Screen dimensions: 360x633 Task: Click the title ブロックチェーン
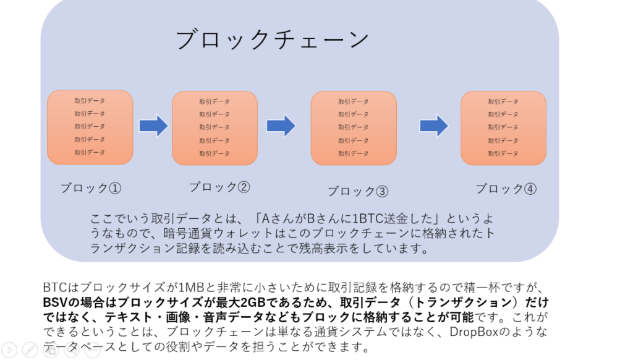tap(272, 40)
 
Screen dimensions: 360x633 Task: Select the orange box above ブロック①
tap(90, 127)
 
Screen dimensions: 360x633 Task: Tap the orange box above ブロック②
tap(215, 128)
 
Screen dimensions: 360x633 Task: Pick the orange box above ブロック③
tap(353, 128)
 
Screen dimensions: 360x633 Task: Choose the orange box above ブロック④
tap(503, 128)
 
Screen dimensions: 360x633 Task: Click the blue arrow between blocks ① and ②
tap(153, 126)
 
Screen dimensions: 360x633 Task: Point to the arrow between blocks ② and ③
tap(281, 126)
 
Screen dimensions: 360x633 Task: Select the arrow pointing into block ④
tap(433, 126)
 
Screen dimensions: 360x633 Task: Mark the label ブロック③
tap(358, 192)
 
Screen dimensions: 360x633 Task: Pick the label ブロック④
tap(506, 189)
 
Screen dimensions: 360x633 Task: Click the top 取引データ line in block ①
tap(90, 101)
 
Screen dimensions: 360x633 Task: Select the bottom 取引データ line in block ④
tap(503, 153)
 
